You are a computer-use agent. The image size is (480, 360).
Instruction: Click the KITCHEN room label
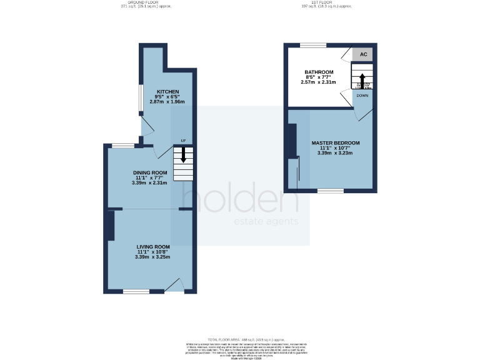[x=167, y=92]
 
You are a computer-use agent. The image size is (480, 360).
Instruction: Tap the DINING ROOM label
[x=150, y=172]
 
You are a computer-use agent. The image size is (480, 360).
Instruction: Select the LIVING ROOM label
[x=153, y=247]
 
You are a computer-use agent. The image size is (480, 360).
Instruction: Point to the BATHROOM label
[x=319, y=72]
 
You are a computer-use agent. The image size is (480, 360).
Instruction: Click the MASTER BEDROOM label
[x=335, y=143]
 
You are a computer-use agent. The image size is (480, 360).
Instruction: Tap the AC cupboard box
[x=363, y=54]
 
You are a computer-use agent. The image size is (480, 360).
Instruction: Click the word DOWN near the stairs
[x=362, y=96]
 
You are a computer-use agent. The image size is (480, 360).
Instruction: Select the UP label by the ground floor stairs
[x=183, y=141]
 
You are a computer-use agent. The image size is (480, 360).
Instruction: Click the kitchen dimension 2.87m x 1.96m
[x=167, y=102]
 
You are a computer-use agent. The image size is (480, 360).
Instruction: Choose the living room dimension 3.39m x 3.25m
[x=153, y=257]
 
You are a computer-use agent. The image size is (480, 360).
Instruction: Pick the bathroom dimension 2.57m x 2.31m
[x=319, y=82]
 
